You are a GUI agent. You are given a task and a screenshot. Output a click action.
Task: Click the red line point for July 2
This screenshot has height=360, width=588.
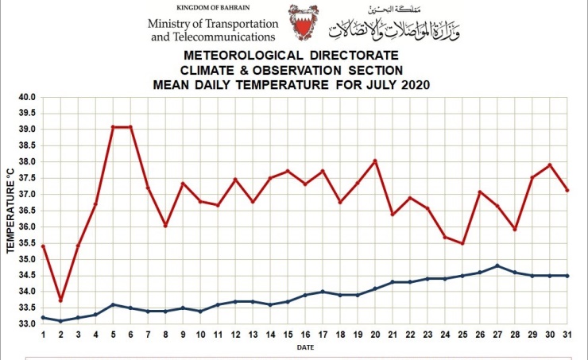tap(60, 300)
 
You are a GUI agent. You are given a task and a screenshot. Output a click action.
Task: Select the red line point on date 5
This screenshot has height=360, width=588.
tap(113, 127)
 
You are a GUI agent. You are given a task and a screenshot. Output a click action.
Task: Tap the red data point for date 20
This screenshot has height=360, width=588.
tap(375, 161)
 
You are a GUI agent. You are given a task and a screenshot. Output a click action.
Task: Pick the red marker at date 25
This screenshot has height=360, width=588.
tap(462, 243)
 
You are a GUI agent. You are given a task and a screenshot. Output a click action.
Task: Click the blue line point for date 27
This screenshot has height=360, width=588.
tap(497, 265)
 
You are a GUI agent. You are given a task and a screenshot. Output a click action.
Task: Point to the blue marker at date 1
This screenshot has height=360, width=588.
tap(43, 317)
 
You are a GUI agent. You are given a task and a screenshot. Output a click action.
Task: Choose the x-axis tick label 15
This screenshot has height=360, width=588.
tap(288, 335)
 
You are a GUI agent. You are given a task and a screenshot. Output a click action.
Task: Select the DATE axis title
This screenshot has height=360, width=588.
tap(305, 347)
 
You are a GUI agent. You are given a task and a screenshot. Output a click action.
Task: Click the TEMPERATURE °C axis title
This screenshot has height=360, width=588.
tap(11, 210)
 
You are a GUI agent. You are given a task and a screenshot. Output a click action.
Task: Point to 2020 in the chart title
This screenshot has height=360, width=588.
tap(412, 84)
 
